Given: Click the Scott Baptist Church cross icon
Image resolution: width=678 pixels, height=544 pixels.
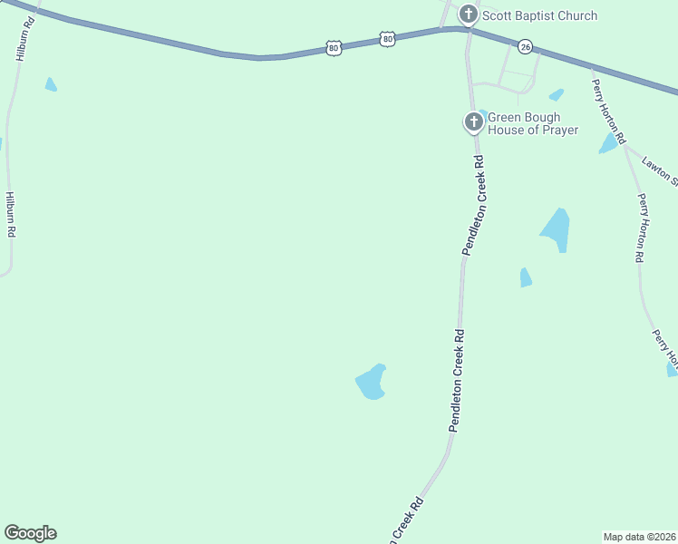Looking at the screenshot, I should (x=468, y=14).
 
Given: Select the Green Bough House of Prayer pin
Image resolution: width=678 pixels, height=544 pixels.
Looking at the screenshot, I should (x=473, y=122).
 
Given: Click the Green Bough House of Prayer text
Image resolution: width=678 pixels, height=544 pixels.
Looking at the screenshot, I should (x=533, y=124).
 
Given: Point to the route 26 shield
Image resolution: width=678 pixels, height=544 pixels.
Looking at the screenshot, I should (x=525, y=45).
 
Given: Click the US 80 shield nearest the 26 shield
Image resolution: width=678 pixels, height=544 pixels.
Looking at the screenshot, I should (x=388, y=39).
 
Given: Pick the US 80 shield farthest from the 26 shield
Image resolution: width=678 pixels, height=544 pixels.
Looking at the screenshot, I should (x=334, y=47).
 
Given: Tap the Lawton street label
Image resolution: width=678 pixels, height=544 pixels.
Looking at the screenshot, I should (x=659, y=170).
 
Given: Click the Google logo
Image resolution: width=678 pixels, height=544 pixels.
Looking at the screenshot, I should (x=30, y=533).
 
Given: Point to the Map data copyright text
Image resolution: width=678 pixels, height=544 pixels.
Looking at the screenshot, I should (x=639, y=536).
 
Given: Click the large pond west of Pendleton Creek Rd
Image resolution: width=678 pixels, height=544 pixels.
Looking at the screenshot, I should (x=372, y=383).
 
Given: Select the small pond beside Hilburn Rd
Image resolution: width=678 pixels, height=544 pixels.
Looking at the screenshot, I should (x=51, y=84).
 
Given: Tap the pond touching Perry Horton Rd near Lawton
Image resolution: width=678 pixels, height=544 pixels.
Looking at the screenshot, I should (x=608, y=144).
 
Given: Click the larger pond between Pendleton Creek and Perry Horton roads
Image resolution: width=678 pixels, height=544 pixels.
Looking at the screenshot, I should (x=556, y=230).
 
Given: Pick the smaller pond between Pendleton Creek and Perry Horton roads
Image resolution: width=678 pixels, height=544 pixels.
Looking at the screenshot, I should (x=525, y=277).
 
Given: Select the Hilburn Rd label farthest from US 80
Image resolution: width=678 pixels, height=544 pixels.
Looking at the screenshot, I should (x=10, y=214).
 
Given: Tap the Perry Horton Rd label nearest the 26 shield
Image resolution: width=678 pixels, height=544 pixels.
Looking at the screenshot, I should (x=609, y=112).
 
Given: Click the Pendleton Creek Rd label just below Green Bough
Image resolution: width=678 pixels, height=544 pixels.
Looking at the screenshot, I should (x=474, y=206).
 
